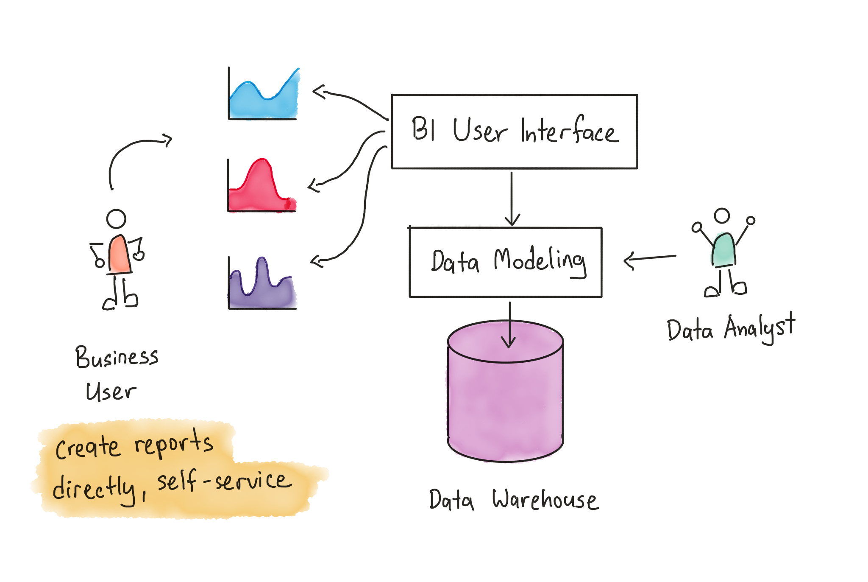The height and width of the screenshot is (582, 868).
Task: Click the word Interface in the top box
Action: click(x=570, y=130)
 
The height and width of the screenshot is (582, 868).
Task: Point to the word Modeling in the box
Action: click(x=540, y=261)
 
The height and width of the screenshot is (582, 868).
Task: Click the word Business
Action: click(x=117, y=357)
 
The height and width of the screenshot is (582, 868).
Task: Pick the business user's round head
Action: click(x=116, y=219)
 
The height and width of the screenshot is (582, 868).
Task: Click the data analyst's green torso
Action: click(x=724, y=249)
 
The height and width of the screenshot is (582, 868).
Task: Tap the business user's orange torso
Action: click(x=119, y=254)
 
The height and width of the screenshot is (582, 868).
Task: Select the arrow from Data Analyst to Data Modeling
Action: click(x=650, y=259)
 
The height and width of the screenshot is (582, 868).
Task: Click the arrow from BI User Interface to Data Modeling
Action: click(x=512, y=199)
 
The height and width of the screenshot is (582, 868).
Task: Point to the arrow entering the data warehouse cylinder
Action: click(x=509, y=325)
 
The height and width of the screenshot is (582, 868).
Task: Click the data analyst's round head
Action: click(x=722, y=215)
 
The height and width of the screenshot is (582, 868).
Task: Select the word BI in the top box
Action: click(x=423, y=129)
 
